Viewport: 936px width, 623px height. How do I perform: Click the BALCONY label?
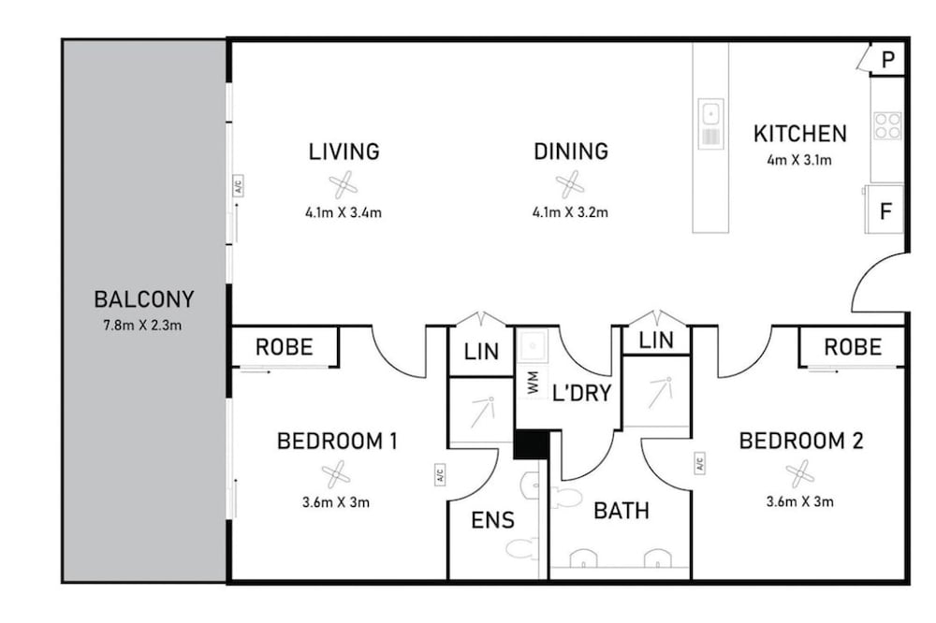point(144,299)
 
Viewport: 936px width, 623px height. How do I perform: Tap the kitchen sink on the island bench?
point(711,123)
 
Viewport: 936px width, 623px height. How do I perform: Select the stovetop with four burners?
point(887,125)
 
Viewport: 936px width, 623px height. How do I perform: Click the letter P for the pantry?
point(888,60)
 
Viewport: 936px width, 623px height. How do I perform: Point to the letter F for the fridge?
point(886,211)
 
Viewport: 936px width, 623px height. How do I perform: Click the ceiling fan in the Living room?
point(344,185)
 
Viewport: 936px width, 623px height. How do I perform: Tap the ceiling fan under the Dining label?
point(570,185)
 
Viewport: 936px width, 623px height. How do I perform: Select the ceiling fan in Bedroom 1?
point(336,474)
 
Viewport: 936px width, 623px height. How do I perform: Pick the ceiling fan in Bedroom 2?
point(800,474)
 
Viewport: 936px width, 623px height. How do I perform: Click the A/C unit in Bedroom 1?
point(440,474)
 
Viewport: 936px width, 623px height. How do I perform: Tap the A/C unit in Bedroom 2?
point(699,463)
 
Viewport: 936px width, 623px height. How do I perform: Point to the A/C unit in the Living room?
point(238,185)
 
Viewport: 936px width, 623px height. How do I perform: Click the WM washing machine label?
point(534,383)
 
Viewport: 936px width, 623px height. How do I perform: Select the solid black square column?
point(532,444)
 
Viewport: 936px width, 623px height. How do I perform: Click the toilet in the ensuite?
point(530,486)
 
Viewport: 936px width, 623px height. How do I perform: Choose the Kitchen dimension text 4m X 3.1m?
point(799,160)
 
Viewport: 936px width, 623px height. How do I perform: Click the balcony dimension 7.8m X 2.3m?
point(142,326)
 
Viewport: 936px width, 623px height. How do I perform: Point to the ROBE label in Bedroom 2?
point(853,347)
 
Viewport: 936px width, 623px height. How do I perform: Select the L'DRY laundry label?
point(582,393)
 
